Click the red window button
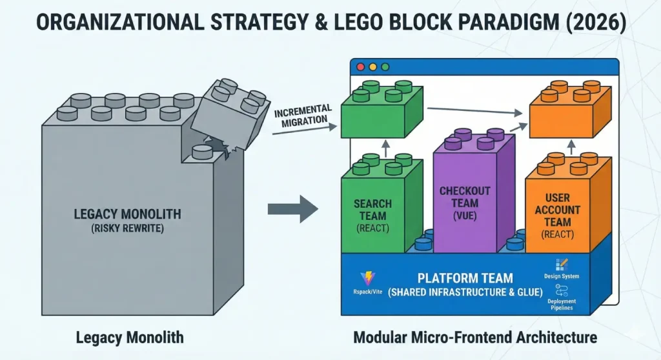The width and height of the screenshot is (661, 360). [360, 66]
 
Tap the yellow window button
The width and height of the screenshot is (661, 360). [372, 66]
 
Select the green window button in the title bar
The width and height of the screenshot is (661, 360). [385, 66]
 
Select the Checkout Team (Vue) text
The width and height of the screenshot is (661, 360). [465, 203]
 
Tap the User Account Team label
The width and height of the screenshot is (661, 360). [561, 215]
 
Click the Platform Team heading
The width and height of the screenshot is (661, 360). [465, 278]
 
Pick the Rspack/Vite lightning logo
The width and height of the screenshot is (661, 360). [367, 279]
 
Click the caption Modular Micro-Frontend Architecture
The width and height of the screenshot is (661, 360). [475, 337]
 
